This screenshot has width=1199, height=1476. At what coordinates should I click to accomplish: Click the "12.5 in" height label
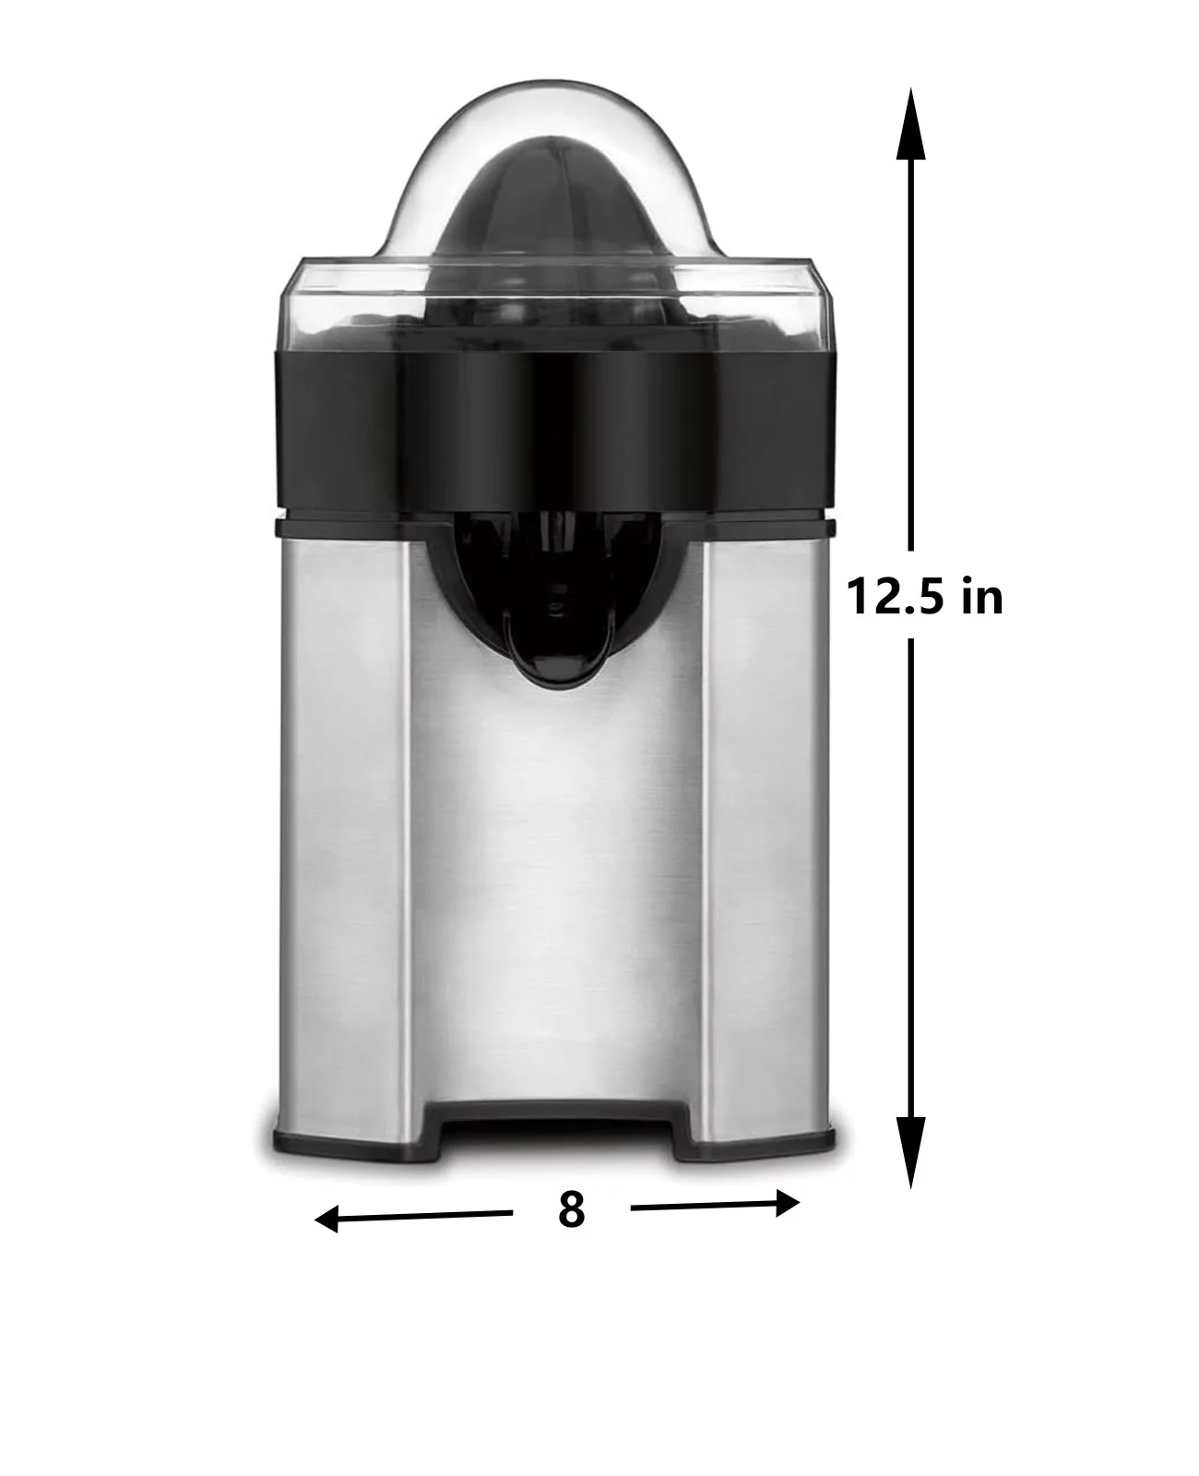coord(924,596)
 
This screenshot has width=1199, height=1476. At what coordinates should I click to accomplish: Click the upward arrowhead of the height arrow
coord(910,124)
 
